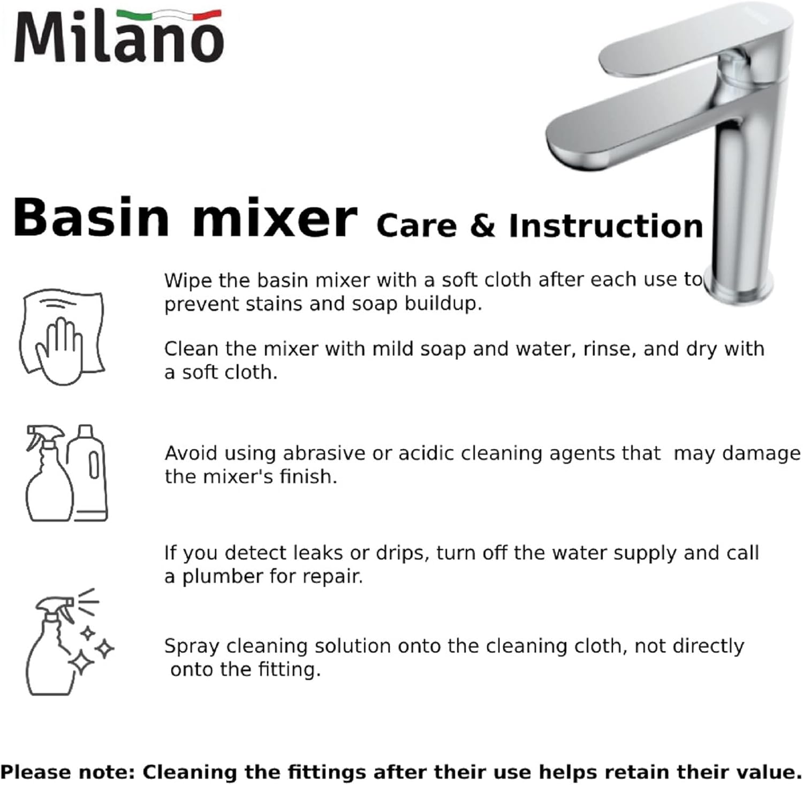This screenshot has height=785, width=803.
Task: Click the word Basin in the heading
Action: pos(91,218)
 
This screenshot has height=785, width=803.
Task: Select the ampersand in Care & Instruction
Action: pos(482,226)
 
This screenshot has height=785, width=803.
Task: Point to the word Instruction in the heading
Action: pos(605,226)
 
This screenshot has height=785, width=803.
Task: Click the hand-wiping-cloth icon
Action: pos(62,337)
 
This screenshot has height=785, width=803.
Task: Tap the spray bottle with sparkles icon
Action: pos(67,642)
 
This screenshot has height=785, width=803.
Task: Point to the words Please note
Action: pos(67,772)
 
